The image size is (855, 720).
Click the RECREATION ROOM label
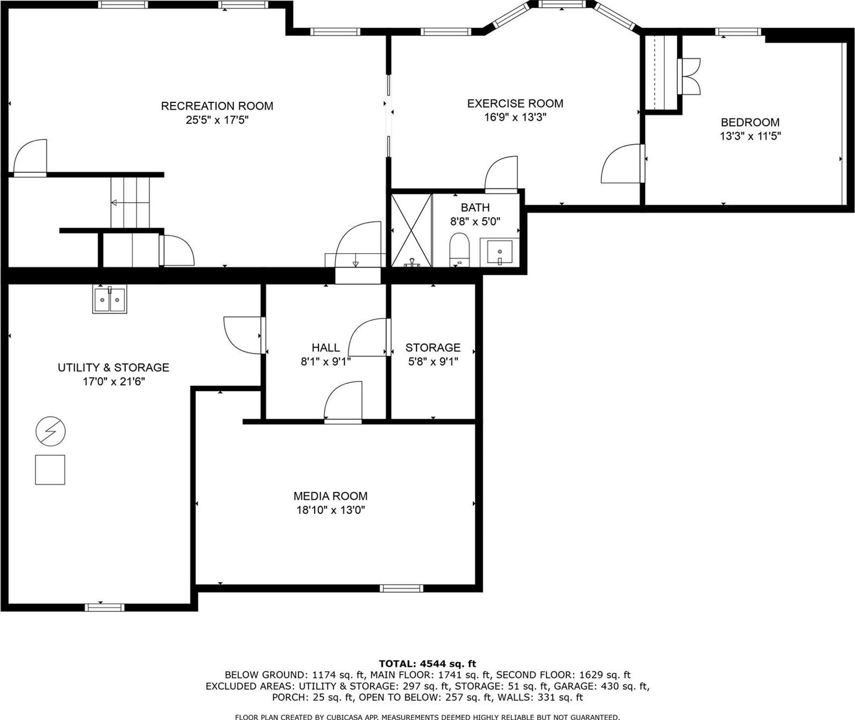(x=217, y=106)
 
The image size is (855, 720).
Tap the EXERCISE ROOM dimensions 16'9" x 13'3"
(x=515, y=117)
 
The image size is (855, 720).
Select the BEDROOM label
(x=750, y=122)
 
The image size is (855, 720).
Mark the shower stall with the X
(x=411, y=230)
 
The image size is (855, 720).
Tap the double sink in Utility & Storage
(x=110, y=300)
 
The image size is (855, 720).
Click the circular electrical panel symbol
(x=50, y=431)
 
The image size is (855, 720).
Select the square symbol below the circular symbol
(x=50, y=470)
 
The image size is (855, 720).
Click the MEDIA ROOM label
(x=331, y=496)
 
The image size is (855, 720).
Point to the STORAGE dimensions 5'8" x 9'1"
(x=433, y=362)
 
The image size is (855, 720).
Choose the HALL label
(x=326, y=348)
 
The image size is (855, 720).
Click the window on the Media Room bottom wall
(x=401, y=588)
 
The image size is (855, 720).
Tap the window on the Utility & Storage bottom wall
(x=105, y=608)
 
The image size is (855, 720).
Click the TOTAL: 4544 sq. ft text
(x=427, y=664)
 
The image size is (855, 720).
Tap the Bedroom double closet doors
(x=689, y=76)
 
